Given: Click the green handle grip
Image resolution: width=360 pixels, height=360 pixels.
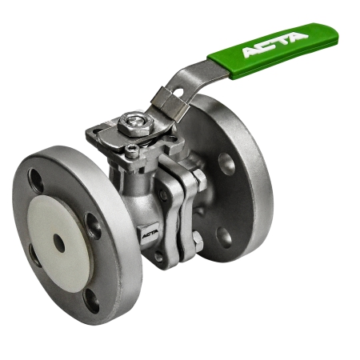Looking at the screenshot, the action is click(x=274, y=50).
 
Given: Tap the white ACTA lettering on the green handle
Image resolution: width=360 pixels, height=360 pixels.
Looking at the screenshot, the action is click(x=275, y=44).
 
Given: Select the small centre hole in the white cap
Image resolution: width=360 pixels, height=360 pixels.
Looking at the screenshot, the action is click(x=58, y=243).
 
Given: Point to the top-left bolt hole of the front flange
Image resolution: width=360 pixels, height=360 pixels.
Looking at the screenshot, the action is click(x=35, y=181).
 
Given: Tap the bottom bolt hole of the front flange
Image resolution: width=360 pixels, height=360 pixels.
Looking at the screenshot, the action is click(x=91, y=301).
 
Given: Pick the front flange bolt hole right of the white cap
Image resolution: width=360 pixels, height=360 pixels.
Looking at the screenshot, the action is click(x=93, y=226).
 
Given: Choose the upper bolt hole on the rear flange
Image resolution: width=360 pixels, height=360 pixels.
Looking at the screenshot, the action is click(x=226, y=164).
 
